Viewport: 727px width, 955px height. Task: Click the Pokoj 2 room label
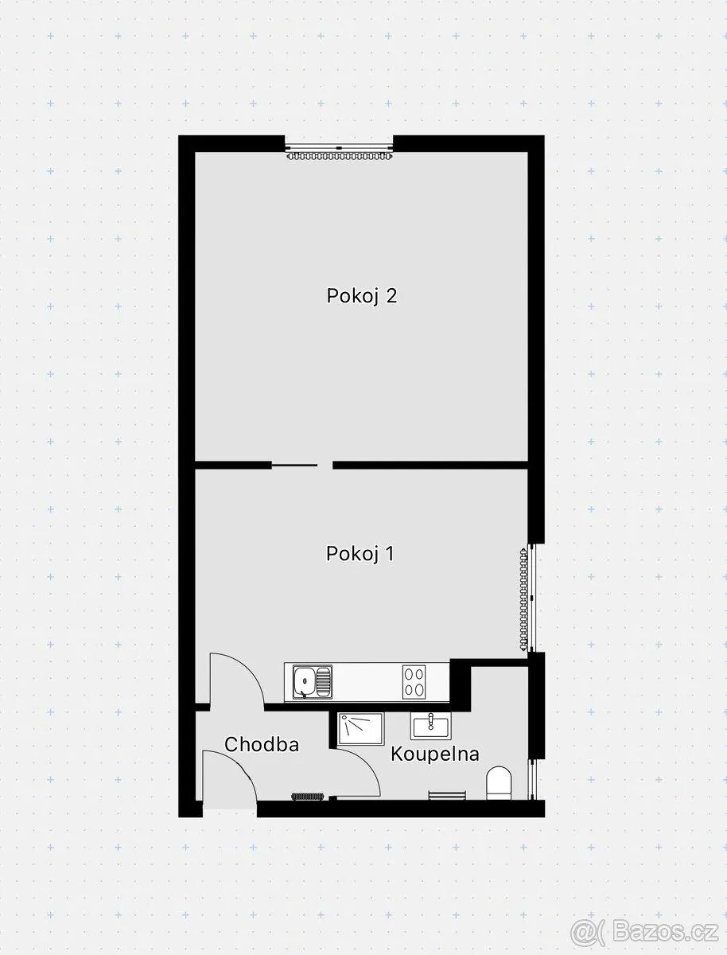(x=362, y=296)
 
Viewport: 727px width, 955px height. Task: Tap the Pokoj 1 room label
(x=360, y=554)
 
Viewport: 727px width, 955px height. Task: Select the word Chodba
(x=262, y=744)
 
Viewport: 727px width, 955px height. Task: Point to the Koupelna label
(x=435, y=754)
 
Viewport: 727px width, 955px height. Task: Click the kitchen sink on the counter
(x=312, y=682)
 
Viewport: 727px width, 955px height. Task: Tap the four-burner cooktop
(x=414, y=682)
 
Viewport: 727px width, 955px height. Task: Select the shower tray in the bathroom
(x=360, y=729)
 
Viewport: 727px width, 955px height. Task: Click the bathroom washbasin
(x=430, y=726)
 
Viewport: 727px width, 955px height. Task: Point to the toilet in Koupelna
(x=498, y=783)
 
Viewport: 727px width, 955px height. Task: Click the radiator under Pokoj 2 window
(x=340, y=155)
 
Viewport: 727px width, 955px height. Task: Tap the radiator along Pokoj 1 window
(x=523, y=599)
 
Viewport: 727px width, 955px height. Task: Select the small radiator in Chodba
(x=307, y=796)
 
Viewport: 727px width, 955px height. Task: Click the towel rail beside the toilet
(x=447, y=795)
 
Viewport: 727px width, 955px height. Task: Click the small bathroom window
(x=533, y=779)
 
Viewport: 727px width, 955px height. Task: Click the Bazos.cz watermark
(x=644, y=929)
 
